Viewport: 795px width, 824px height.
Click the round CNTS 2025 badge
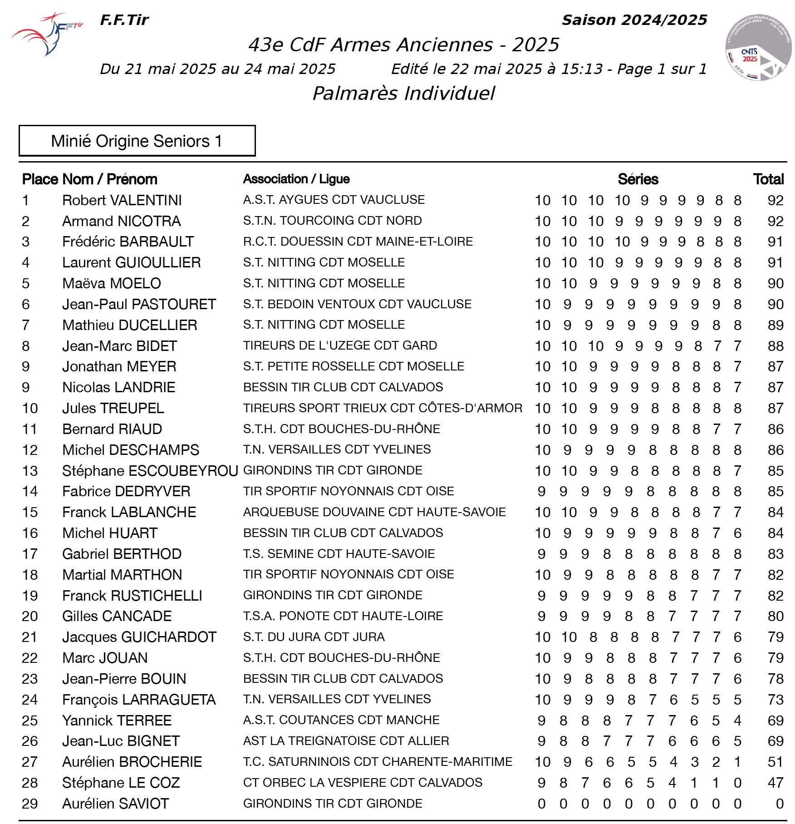click(x=757, y=48)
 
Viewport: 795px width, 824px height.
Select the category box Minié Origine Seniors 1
click(x=137, y=141)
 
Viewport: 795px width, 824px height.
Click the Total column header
click(x=768, y=179)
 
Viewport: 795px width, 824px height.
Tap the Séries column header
click(x=638, y=179)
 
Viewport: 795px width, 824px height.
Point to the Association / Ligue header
click(x=296, y=179)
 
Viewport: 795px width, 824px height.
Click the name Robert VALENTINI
click(x=122, y=200)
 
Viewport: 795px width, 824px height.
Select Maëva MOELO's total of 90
click(x=775, y=284)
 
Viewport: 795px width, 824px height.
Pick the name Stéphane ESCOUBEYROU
click(x=150, y=471)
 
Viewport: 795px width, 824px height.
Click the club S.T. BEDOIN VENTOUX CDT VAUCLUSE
click(x=357, y=304)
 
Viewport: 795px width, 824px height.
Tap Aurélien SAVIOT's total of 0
click(x=780, y=804)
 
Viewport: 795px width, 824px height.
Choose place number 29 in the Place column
click(x=30, y=804)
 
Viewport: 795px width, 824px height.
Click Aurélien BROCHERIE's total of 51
click(x=775, y=762)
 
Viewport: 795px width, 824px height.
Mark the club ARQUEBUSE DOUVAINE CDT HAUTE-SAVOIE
click(x=374, y=512)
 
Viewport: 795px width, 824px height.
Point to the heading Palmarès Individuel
click(x=403, y=94)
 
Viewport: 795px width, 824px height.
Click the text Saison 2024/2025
click(x=634, y=20)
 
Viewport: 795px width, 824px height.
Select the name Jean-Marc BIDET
click(x=119, y=346)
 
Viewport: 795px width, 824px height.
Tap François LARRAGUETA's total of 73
click(x=775, y=700)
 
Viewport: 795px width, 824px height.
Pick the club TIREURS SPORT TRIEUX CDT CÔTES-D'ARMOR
click(x=383, y=408)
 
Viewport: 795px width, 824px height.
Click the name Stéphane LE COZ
click(x=121, y=783)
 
